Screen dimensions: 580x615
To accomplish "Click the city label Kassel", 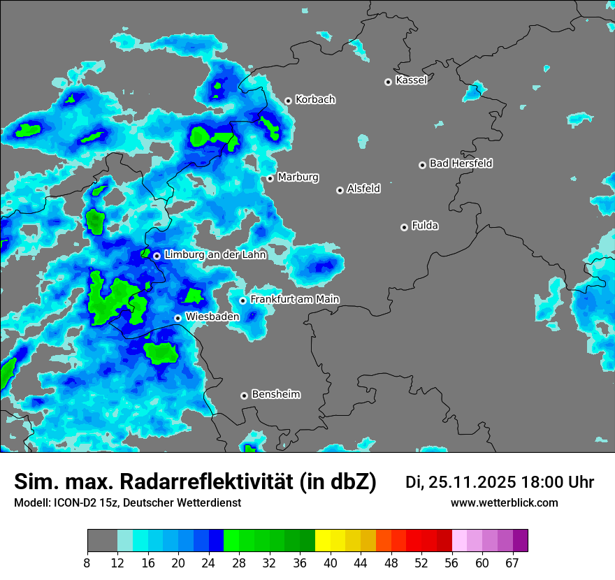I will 411,80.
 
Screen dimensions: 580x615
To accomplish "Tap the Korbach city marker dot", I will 288,101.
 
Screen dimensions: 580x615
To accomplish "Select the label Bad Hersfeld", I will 461,164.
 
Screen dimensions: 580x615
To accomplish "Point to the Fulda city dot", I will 404,227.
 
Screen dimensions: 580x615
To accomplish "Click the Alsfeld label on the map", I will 363,189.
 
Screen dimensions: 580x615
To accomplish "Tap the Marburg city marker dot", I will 270,178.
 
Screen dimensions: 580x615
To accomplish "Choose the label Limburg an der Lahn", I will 215,255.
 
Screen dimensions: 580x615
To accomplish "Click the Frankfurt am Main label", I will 294,299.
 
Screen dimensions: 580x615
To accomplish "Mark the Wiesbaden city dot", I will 178,318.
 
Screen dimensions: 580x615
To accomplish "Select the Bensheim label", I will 275,394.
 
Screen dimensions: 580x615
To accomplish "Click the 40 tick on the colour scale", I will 331,563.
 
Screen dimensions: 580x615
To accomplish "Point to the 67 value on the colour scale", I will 512,563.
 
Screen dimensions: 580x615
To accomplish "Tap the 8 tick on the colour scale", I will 87,563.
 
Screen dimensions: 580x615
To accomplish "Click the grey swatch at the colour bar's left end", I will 102,541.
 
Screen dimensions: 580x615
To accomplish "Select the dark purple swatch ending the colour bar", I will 520,541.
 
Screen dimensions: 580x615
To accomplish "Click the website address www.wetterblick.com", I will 505,503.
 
